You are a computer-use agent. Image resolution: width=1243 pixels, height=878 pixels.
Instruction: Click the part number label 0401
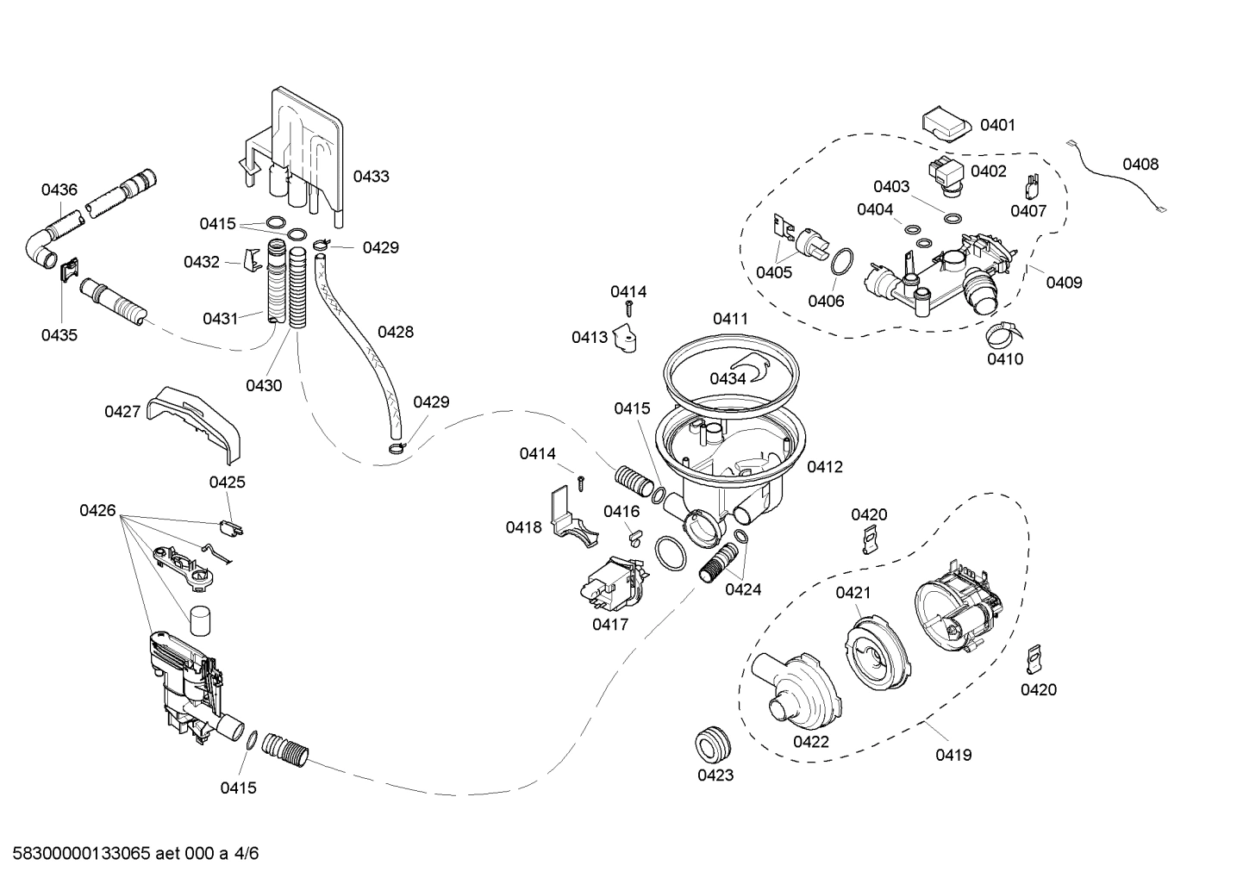(997, 125)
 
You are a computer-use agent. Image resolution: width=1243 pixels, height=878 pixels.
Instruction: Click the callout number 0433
(371, 177)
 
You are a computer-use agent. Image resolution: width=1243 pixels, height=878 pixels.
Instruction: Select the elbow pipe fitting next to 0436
(41, 248)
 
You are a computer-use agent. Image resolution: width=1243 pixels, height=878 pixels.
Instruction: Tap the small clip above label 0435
(69, 271)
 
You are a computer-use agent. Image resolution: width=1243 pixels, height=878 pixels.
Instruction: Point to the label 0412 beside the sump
(824, 467)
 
